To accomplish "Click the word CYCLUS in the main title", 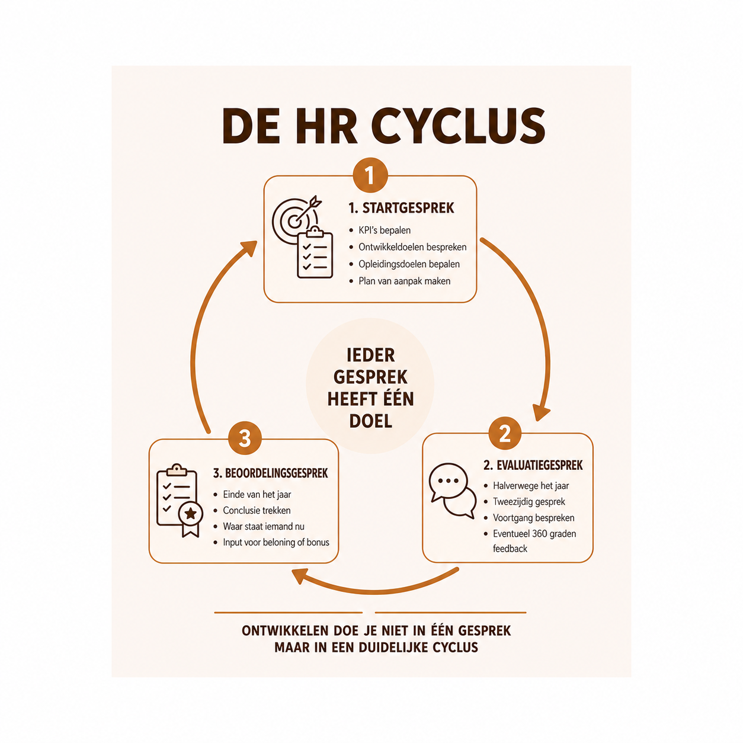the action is [457, 126].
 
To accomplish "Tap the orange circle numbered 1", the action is [370, 175].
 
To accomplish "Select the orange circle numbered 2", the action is [505, 433].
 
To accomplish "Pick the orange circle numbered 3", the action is [245, 438].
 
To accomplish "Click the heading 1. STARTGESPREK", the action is [401, 208].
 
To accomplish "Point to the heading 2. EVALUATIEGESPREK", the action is [533, 465].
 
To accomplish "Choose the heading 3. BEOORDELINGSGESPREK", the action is [270, 473].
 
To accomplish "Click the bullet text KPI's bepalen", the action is [385, 230].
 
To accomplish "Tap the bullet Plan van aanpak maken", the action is [405, 281].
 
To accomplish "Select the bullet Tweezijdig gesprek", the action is [529, 502].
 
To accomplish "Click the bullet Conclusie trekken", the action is [257, 511].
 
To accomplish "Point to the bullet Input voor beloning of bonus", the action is [276, 543].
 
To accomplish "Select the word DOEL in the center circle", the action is [370, 421].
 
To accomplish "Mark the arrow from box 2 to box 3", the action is [374, 591].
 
